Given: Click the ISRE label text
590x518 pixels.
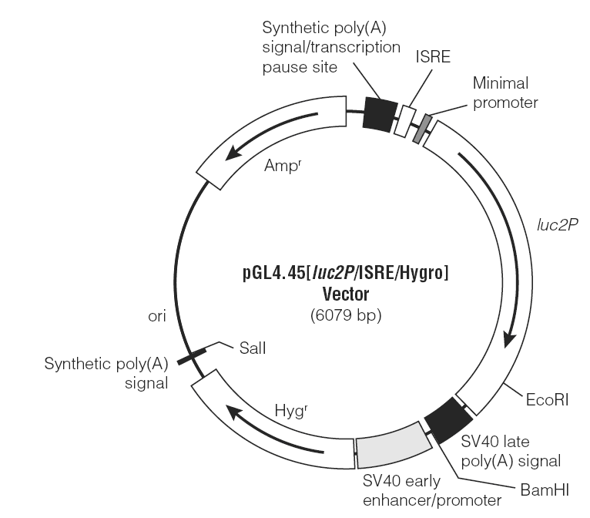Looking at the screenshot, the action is [433, 56].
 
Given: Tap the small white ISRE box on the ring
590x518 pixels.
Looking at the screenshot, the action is [405, 122].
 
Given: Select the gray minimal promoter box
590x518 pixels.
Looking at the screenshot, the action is [422, 129].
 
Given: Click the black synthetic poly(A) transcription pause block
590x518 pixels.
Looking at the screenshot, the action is [380, 114].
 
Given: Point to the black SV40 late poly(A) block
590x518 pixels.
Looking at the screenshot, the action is [448, 420].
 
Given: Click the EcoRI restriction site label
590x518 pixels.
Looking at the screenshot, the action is [547, 400].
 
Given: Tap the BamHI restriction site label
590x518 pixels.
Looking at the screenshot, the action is [545, 490].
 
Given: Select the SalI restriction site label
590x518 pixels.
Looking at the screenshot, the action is [253, 348].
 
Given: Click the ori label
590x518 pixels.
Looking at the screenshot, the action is [157, 316].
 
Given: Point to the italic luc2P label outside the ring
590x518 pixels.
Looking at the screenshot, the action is [557, 225].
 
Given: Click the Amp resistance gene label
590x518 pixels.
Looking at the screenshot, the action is [283, 166].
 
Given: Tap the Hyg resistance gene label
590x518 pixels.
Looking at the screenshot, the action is [291, 411].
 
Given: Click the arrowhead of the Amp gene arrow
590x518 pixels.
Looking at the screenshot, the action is [231, 153].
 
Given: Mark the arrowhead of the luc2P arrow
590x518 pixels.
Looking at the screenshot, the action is [510, 341].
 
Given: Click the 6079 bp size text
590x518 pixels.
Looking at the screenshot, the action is [346, 315].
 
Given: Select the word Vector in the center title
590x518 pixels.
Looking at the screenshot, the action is [346, 294].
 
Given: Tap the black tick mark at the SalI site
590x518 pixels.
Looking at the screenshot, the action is [192, 356].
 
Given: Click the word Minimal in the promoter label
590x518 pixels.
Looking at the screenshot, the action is [501, 83].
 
